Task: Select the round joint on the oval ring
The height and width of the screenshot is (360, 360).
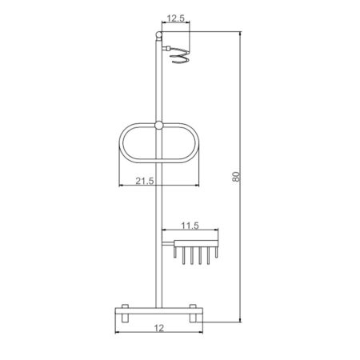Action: tap(158, 126)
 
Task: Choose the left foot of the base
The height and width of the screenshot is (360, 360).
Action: tap(124, 315)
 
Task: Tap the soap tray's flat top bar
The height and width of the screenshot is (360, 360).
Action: tap(196, 240)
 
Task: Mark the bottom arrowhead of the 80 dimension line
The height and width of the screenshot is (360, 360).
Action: tap(241, 320)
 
